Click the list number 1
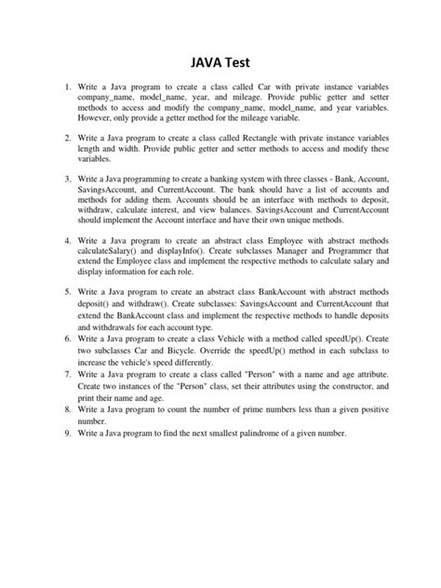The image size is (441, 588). point(67,87)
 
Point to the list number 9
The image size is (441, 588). point(67,434)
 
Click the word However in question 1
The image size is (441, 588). point(100,120)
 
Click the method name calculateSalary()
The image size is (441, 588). point(114,251)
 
